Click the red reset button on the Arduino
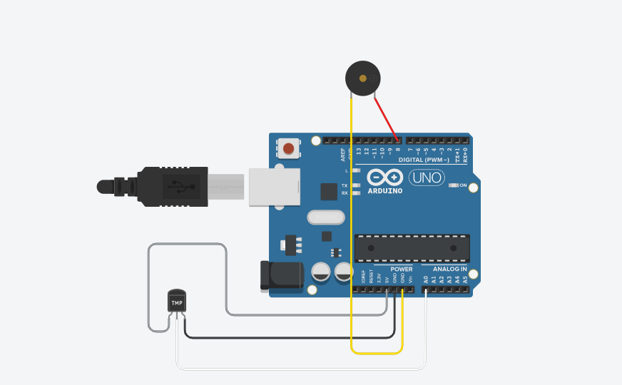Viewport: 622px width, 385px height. point(288,148)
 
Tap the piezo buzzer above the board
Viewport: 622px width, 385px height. point(362,78)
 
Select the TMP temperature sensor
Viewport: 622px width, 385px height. point(176,301)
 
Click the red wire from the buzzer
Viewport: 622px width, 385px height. point(386,118)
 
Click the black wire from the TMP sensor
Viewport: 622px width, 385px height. point(285,337)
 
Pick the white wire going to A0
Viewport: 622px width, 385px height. point(300,369)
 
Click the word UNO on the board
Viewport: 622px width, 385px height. point(427,176)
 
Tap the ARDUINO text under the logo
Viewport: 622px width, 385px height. point(385,191)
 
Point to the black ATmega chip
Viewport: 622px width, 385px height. point(412,247)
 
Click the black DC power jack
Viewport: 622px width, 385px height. point(281,275)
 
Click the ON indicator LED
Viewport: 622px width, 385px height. point(453,185)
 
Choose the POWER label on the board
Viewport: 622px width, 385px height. point(401,269)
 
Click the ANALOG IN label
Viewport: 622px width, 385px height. point(449,269)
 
